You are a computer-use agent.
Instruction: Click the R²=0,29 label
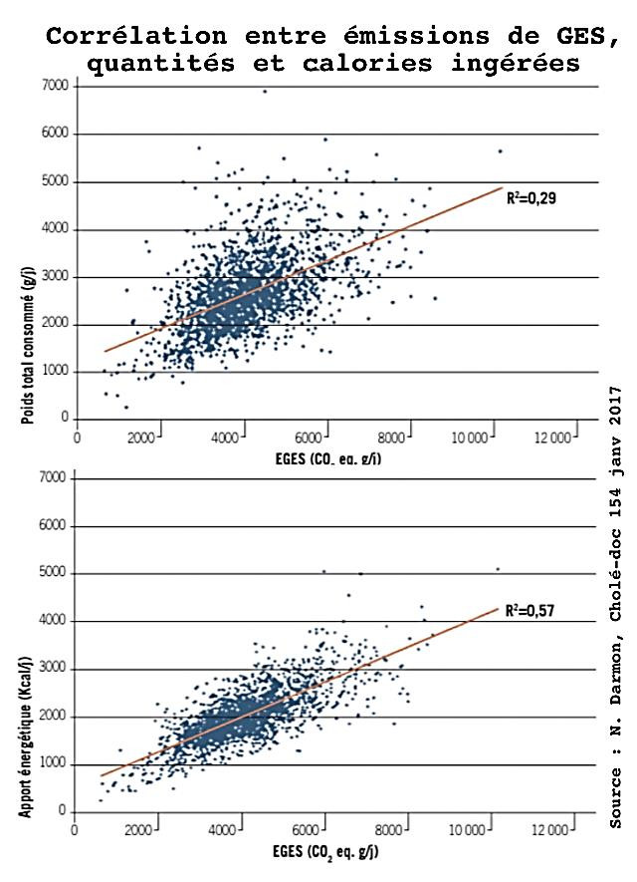[x=531, y=198]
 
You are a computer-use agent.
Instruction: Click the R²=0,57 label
[x=531, y=611]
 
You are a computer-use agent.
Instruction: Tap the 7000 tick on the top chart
[x=56, y=87]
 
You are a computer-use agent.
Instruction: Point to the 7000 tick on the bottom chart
[x=56, y=479]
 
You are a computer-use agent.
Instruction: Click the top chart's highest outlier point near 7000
[x=265, y=92]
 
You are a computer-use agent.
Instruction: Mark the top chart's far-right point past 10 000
[x=500, y=151]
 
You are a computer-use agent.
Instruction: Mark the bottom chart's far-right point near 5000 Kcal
[x=498, y=569]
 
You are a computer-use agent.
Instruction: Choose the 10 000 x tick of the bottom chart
[x=469, y=830]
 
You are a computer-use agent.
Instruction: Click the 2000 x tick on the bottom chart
[x=142, y=830]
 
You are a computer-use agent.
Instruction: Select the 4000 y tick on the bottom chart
[x=56, y=622]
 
